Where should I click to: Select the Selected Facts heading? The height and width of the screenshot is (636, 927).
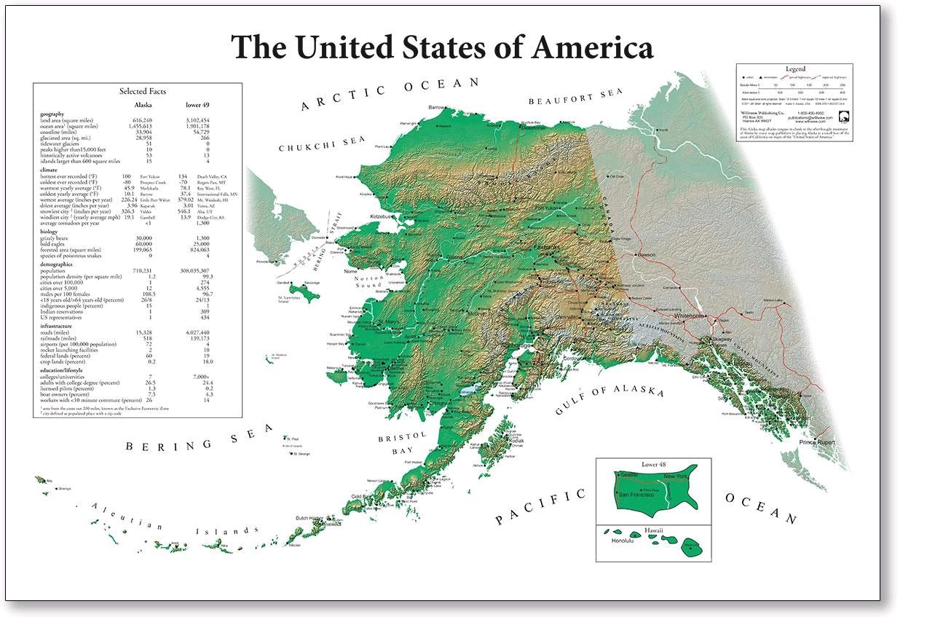(x=143, y=91)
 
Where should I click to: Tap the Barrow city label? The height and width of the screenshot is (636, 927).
(x=436, y=108)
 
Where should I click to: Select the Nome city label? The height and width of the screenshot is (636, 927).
(x=350, y=271)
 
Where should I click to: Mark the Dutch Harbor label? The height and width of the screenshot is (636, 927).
(x=308, y=518)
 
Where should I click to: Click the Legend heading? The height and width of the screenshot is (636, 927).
(x=794, y=68)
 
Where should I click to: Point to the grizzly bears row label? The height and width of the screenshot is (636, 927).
(x=62, y=237)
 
